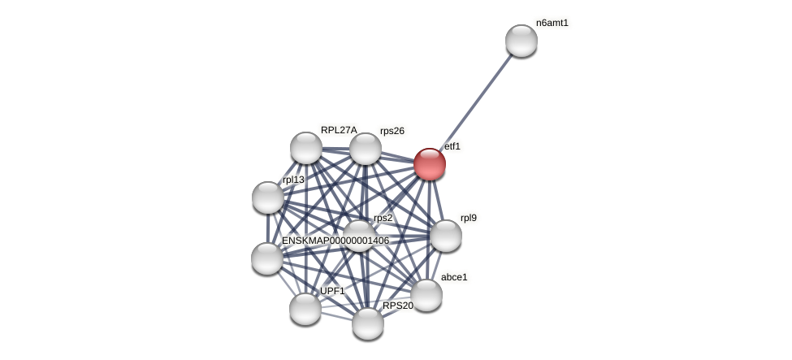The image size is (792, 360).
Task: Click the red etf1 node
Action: (430, 164)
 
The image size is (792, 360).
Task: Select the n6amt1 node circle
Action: (522, 41)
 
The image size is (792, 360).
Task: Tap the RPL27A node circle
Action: (306, 148)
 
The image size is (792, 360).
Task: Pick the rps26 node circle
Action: (366, 149)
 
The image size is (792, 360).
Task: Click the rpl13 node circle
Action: (268, 197)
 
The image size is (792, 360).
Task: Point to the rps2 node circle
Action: (359, 236)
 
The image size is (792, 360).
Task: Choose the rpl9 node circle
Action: (446, 236)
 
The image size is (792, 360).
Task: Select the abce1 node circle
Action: (426, 295)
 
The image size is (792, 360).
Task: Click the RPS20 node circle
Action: (368, 323)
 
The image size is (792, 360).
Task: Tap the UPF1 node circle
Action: (305, 309)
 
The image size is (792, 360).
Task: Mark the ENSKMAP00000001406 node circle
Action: (267, 258)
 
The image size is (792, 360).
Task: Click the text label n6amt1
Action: (552, 23)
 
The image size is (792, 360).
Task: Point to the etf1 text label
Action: (452, 146)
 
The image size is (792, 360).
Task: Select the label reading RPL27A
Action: (339, 130)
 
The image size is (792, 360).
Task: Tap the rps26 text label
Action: (392, 131)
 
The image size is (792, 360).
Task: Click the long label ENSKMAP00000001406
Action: (335, 241)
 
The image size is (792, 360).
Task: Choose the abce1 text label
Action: (454, 277)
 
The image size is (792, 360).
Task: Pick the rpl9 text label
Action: (469, 218)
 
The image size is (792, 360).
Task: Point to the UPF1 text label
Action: (332, 291)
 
